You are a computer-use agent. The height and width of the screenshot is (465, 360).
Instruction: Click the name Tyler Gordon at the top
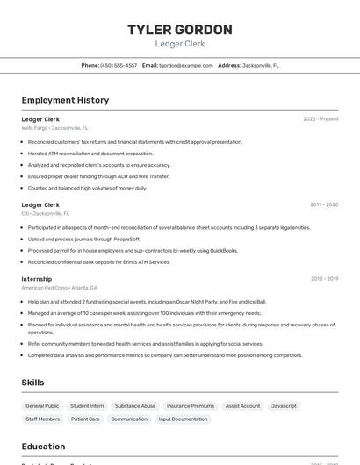(179, 30)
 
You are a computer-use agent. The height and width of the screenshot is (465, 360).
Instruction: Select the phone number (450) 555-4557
(119, 65)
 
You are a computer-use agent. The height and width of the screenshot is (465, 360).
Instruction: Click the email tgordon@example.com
(186, 65)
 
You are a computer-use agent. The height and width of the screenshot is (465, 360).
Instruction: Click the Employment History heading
(65, 100)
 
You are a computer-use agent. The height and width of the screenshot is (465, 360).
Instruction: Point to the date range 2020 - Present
(320, 119)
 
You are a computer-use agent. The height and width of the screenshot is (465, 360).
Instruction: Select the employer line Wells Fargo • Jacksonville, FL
(54, 128)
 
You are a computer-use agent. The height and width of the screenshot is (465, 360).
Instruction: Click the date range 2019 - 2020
(323, 204)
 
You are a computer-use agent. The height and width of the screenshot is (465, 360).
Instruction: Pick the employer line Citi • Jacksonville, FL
(45, 213)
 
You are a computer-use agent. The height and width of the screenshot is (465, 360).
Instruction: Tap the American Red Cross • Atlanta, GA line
(59, 288)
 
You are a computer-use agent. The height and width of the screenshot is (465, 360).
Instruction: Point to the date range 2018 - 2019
(323, 279)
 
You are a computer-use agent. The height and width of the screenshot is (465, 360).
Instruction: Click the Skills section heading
(33, 383)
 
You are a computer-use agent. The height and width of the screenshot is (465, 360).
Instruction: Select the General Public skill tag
(42, 406)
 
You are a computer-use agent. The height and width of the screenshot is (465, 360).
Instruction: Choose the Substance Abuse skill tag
(135, 406)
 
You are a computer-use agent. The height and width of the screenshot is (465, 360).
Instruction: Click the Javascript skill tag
(284, 406)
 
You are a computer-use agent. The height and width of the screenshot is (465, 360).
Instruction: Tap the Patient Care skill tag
(85, 419)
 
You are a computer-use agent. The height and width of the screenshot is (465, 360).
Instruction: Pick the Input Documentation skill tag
(183, 419)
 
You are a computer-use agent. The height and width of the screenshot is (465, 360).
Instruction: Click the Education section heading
(43, 447)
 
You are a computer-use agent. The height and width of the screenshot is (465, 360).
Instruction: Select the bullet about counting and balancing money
(87, 188)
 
